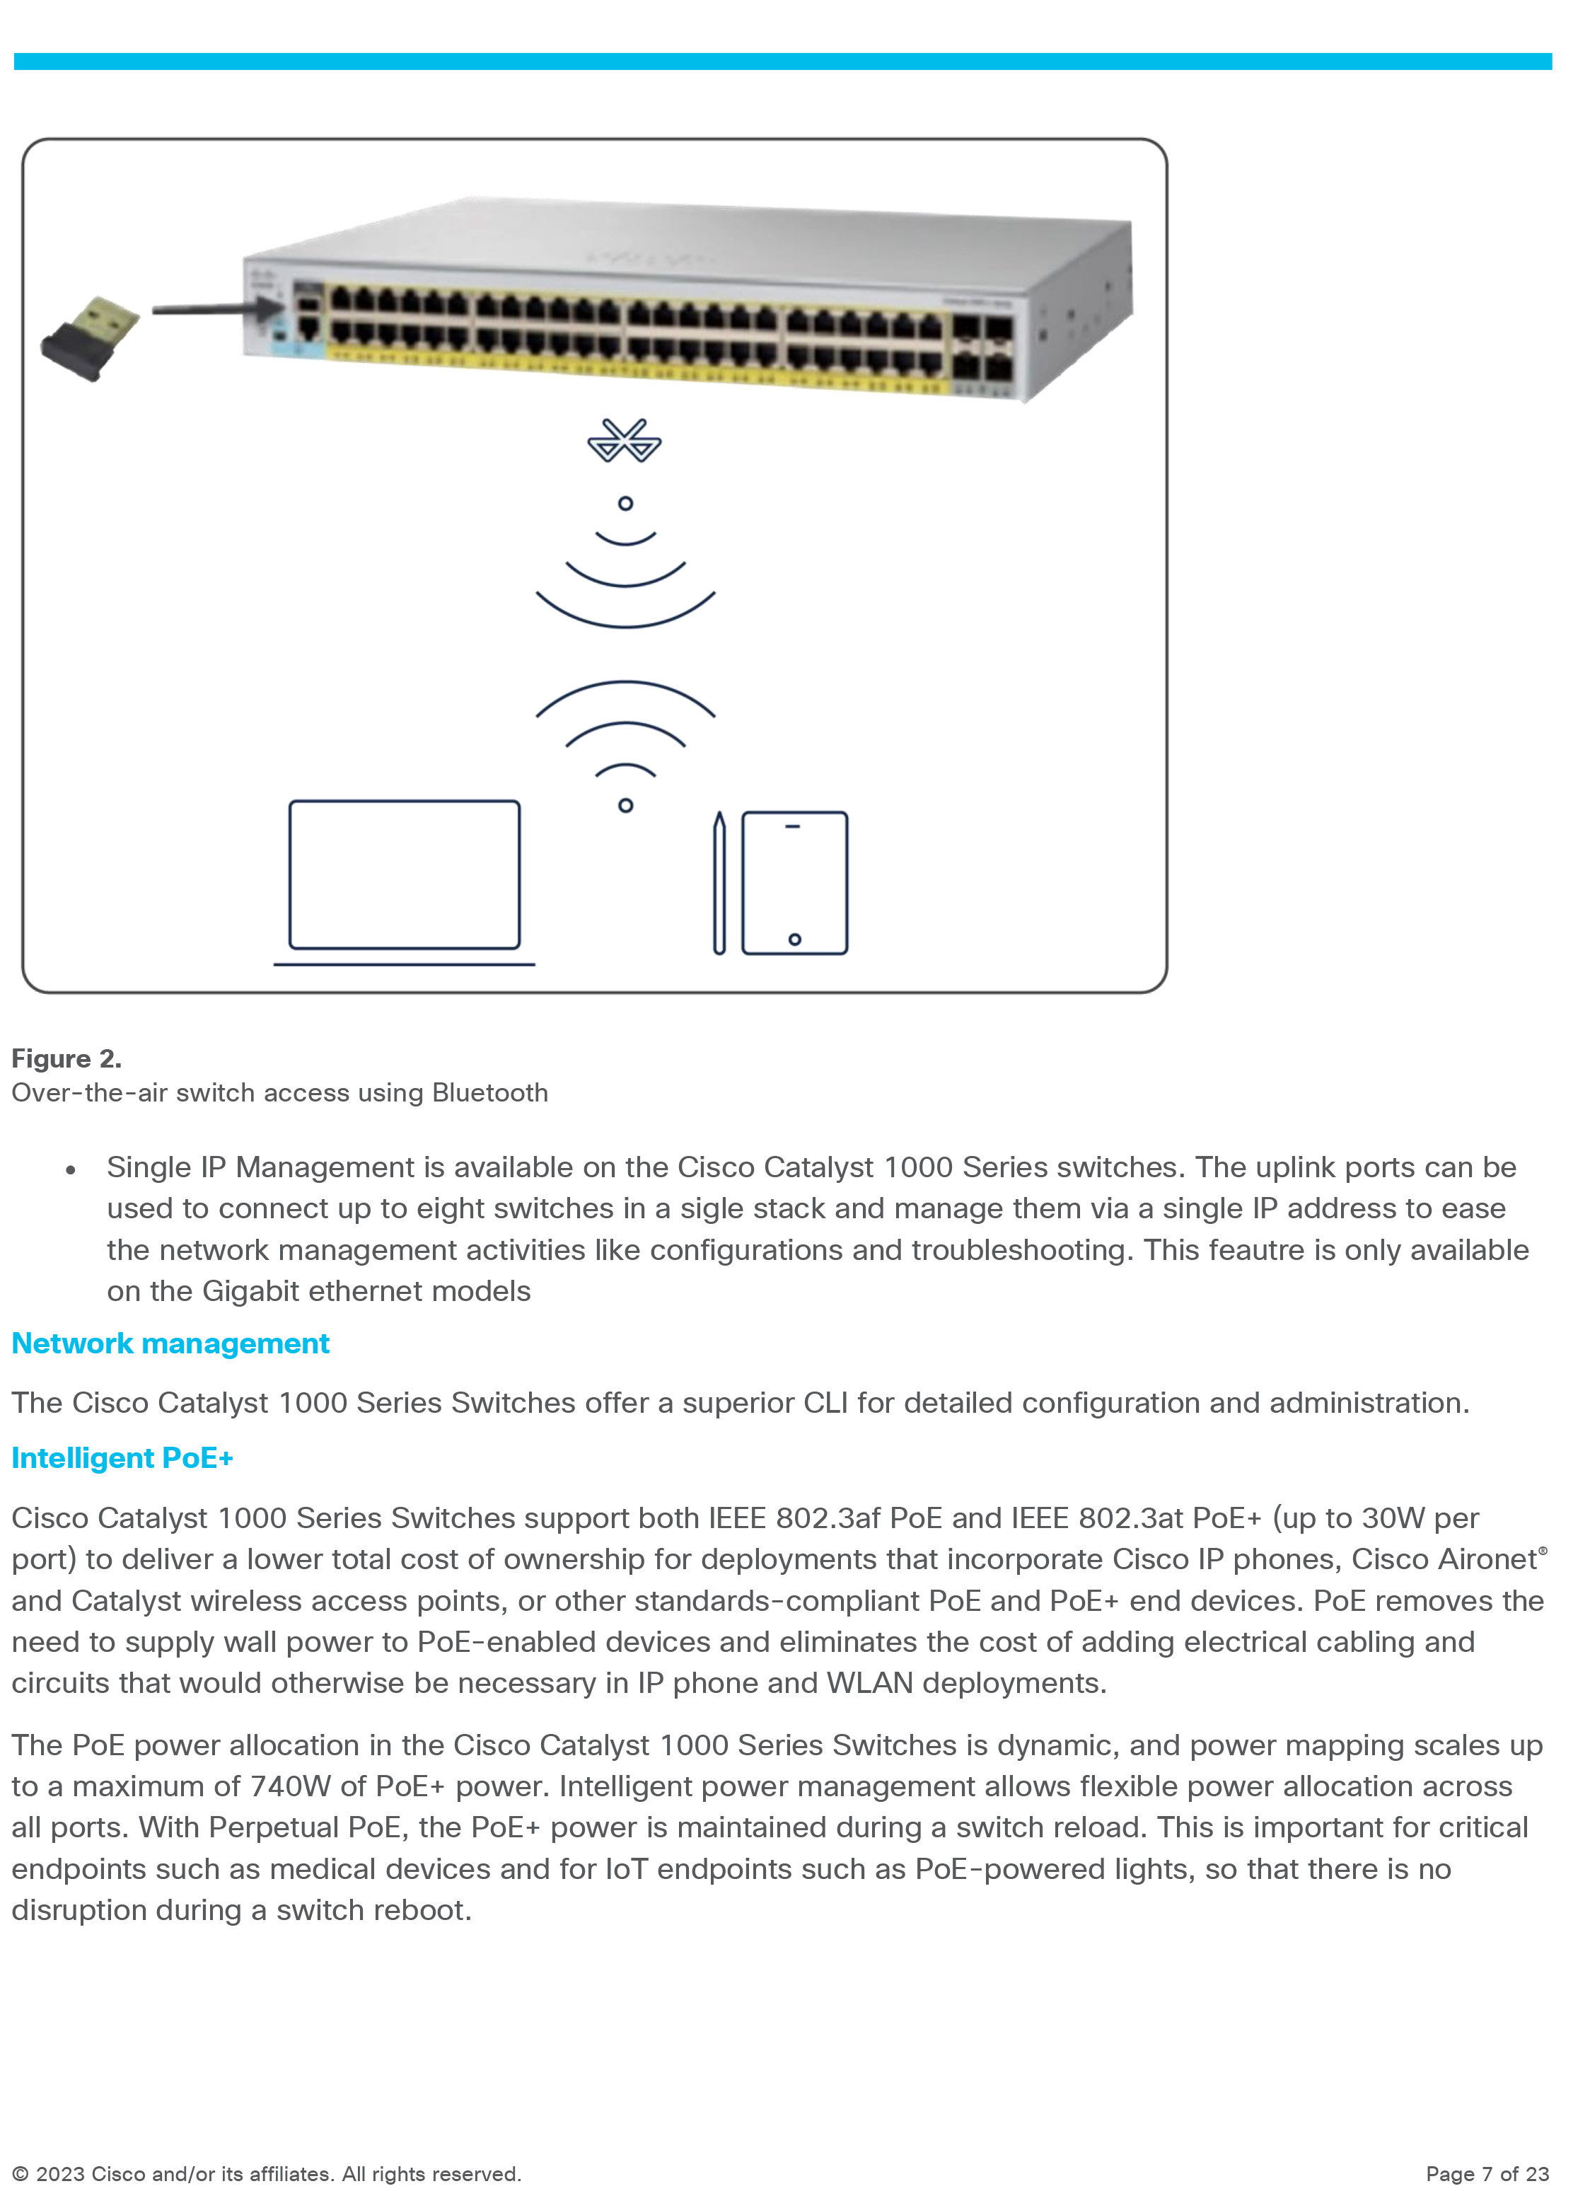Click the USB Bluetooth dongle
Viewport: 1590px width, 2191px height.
click(90, 337)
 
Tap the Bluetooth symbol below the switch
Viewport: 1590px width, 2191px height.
click(625, 441)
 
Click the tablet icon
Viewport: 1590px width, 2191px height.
click(794, 883)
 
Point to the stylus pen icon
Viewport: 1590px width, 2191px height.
click(719, 883)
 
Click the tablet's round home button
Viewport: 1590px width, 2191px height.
click(794, 939)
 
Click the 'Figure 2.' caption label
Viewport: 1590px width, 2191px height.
click(66, 1059)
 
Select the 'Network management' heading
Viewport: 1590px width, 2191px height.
click(170, 1343)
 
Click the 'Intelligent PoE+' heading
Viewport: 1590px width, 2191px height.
click(122, 1458)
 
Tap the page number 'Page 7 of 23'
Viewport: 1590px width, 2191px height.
click(1487, 2173)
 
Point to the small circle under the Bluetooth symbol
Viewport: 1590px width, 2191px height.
click(625, 503)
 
